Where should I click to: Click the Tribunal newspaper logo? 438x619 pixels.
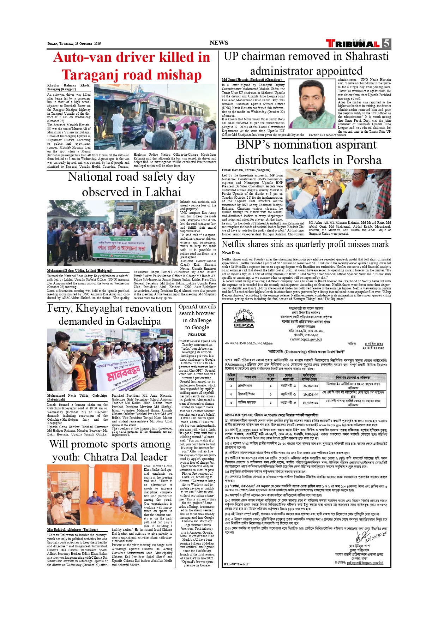(x=353, y=44)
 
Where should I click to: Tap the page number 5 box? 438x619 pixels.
(x=386, y=43)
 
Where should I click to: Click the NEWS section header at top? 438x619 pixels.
(x=219, y=43)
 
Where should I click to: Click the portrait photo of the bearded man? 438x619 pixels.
(x=313, y=104)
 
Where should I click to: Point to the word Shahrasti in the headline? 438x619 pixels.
(x=367, y=56)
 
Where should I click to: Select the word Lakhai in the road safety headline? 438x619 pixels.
(x=163, y=192)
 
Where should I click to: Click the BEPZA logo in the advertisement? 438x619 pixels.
(x=244, y=319)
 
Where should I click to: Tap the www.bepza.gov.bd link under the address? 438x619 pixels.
(x=306, y=339)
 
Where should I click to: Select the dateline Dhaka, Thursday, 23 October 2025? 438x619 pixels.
(x=74, y=44)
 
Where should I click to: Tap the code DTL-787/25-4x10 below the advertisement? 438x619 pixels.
(x=237, y=564)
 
